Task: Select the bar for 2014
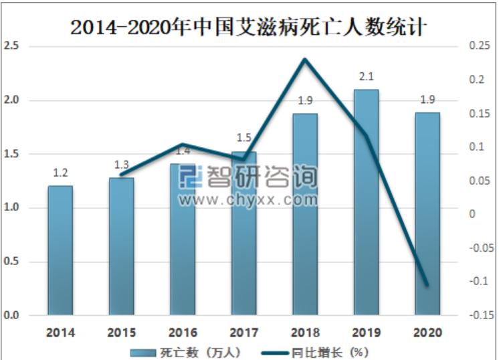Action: click(x=60, y=250)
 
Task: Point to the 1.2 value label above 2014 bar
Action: click(x=60, y=173)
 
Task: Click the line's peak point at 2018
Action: click(x=305, y=60)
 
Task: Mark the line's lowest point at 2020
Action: click(x=427, y=285)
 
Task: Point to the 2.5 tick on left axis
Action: click(x=11, y=46)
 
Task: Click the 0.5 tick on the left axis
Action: click(x=11, y=262)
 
